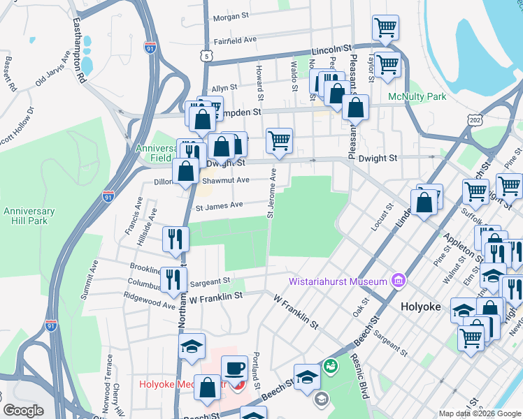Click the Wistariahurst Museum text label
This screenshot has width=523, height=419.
338,281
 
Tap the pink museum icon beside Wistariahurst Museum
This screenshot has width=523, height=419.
399,281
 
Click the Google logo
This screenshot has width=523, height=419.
23,411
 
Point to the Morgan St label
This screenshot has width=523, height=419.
231,16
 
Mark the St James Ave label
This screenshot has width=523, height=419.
219,205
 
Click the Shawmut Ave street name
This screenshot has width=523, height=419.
226,180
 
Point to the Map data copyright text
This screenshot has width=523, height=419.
480,413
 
